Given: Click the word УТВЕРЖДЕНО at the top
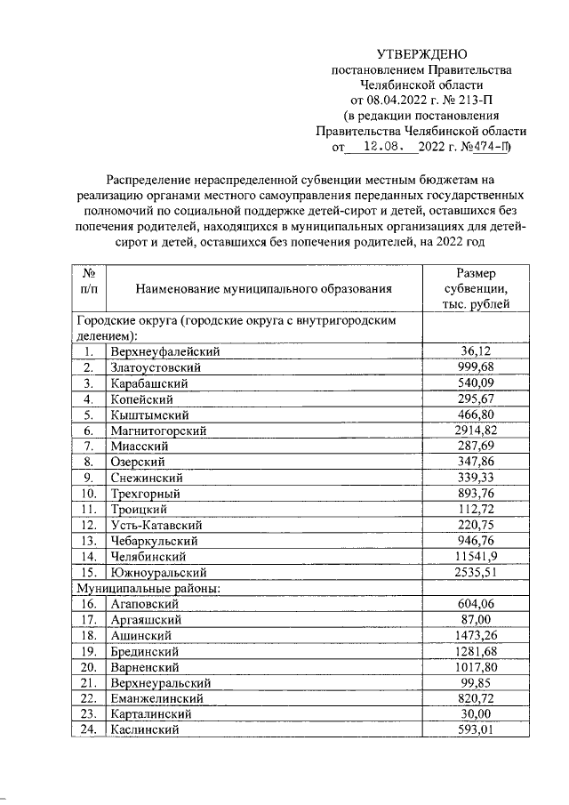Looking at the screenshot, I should (x=421, y=54).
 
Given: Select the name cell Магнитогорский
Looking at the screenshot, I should (x=158, y=431).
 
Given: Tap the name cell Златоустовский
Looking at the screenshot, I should (x=156, y=367).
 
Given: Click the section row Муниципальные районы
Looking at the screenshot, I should (x=147, y=587).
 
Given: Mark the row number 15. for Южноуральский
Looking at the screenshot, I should (x=88, y=572).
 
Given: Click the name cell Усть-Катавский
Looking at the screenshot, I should (x=157, y=525).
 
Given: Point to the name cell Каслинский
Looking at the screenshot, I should (x=145, y=729).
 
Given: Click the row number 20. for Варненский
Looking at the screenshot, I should (x=88, y=666).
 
